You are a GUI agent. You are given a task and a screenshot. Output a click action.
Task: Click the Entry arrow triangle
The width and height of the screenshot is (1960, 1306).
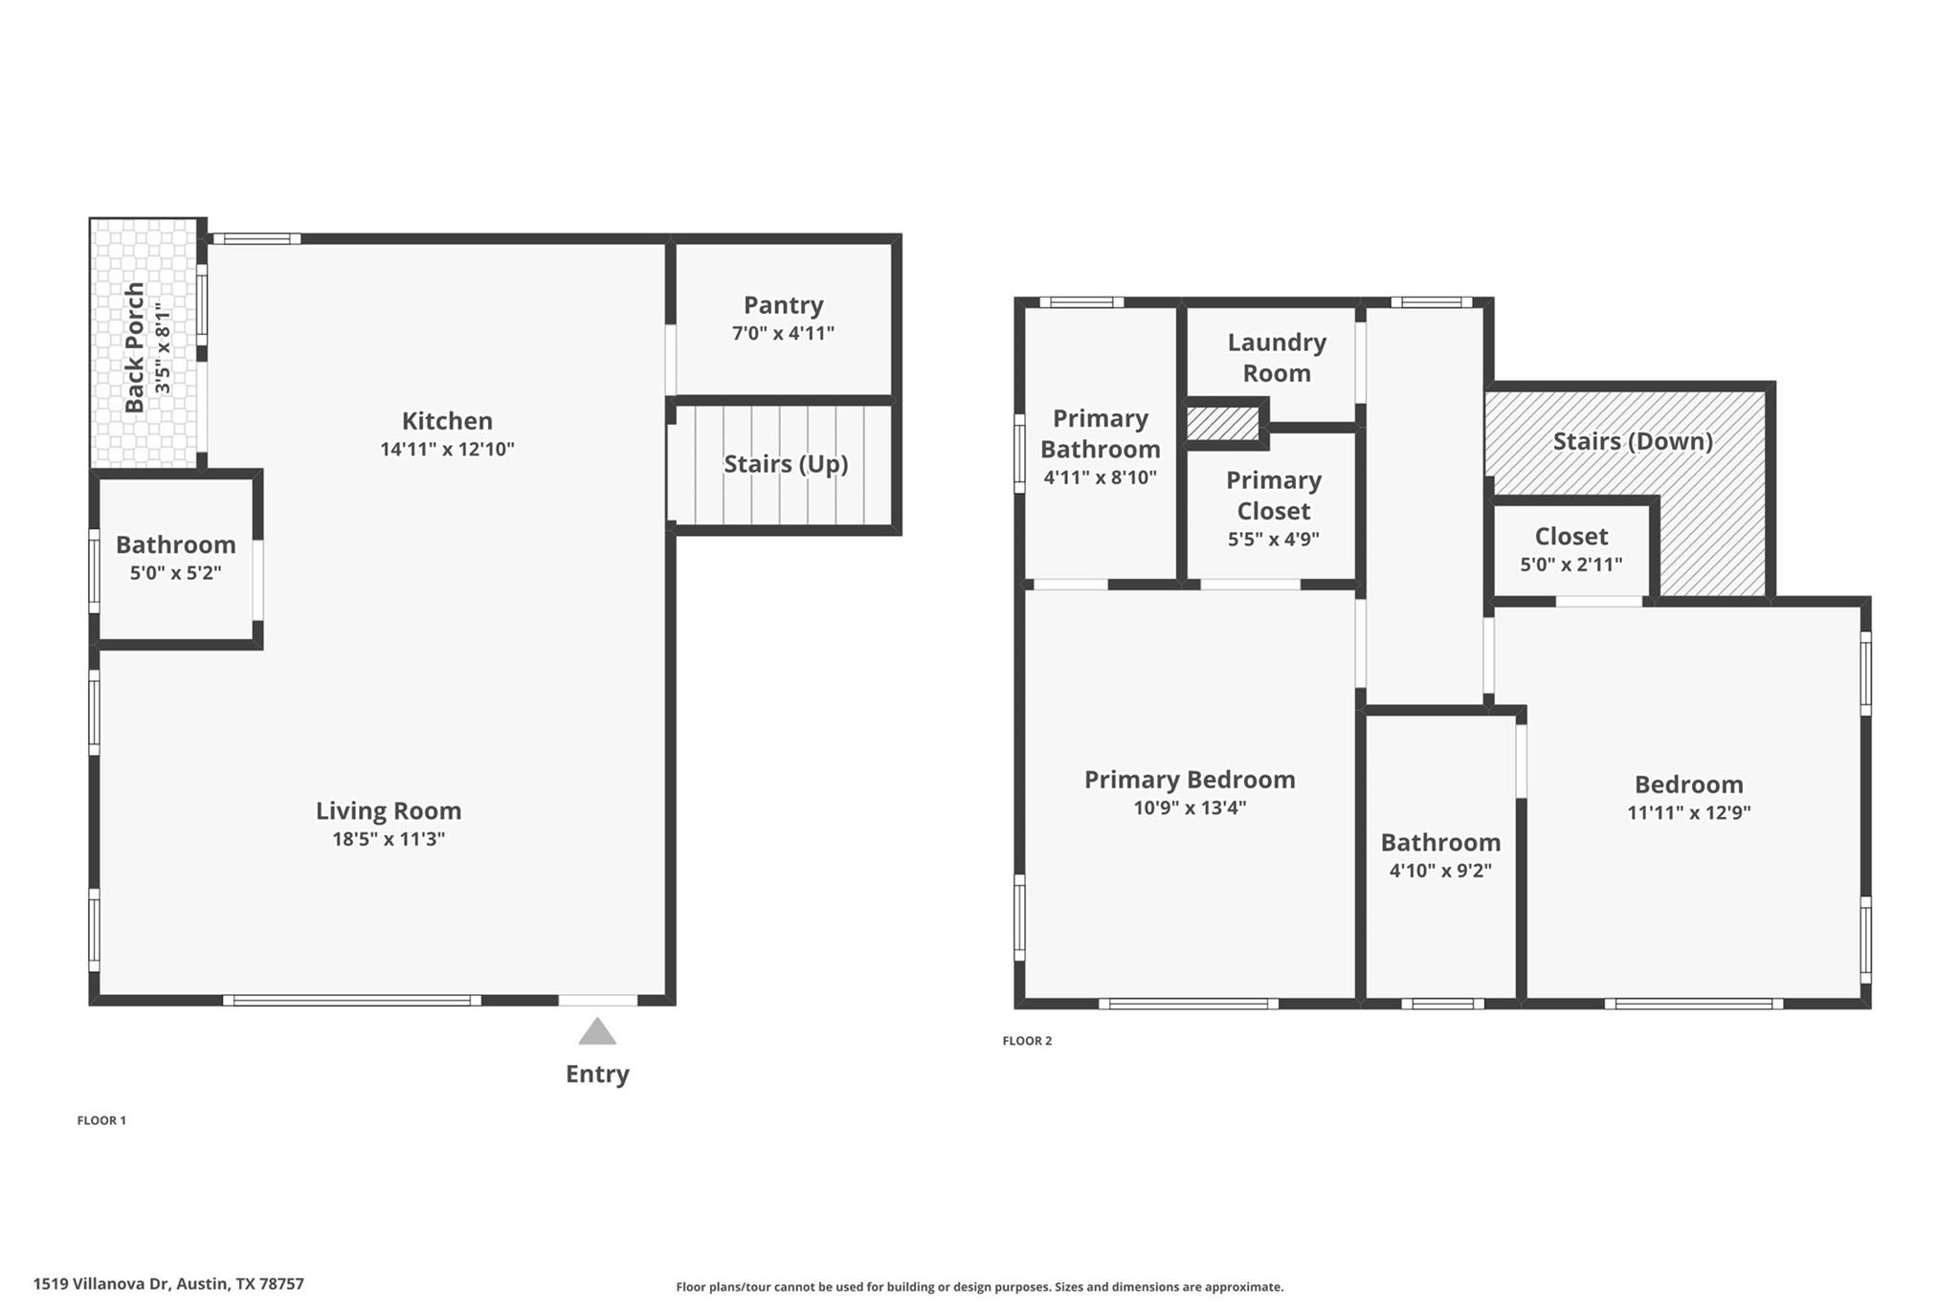click(x=597, y=1031)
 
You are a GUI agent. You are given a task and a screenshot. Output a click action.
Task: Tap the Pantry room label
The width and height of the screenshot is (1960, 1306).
click(x=783, y=305)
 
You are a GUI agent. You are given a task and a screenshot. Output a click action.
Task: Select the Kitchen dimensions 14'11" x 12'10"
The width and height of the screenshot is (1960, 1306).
click(x=447, y=449)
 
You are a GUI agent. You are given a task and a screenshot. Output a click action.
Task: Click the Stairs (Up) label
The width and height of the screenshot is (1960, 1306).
click(x=785, y=464)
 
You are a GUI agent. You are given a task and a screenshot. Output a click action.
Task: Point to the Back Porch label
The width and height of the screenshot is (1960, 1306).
click(x=135, y=346)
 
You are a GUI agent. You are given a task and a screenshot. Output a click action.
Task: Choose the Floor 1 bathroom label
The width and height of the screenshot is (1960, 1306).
click(x=176, y=544)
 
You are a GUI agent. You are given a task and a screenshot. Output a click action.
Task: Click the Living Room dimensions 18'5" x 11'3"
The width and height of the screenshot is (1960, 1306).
click(x=388, y=839)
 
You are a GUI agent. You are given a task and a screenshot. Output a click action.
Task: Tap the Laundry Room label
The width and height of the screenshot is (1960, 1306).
click(x=1277, y=358)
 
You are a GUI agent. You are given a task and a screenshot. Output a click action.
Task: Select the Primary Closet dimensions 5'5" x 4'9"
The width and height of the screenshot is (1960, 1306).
click(x=1273, y=539)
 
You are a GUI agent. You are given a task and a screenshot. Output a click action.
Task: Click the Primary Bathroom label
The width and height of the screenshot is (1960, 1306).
click(x=1100, y=433)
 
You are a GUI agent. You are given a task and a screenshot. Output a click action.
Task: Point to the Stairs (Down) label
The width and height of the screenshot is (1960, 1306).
click(x=1632, y=441)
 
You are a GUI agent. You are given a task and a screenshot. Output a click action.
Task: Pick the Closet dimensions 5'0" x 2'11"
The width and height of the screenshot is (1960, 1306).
click(x=1570, y=564)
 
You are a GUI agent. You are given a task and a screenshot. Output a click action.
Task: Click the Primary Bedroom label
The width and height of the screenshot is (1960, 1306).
click(x=1189, y=780)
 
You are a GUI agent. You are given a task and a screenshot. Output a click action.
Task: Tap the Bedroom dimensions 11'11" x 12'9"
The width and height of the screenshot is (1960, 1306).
click(x=1688, y=812)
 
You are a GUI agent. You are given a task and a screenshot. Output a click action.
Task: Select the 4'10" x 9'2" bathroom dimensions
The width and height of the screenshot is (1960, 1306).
click(x=1439, y=871)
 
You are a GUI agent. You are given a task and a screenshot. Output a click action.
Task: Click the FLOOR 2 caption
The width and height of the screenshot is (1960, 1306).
click(x=1027, y=1041)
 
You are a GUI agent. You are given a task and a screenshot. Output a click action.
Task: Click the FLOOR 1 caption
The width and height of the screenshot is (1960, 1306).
click(x=101, y=1120)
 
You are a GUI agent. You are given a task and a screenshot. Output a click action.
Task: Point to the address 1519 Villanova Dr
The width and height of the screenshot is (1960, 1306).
click(x=168, y=1284)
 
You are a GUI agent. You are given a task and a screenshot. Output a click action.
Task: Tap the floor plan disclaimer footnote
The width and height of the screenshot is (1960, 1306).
click(x=979, y=1287)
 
